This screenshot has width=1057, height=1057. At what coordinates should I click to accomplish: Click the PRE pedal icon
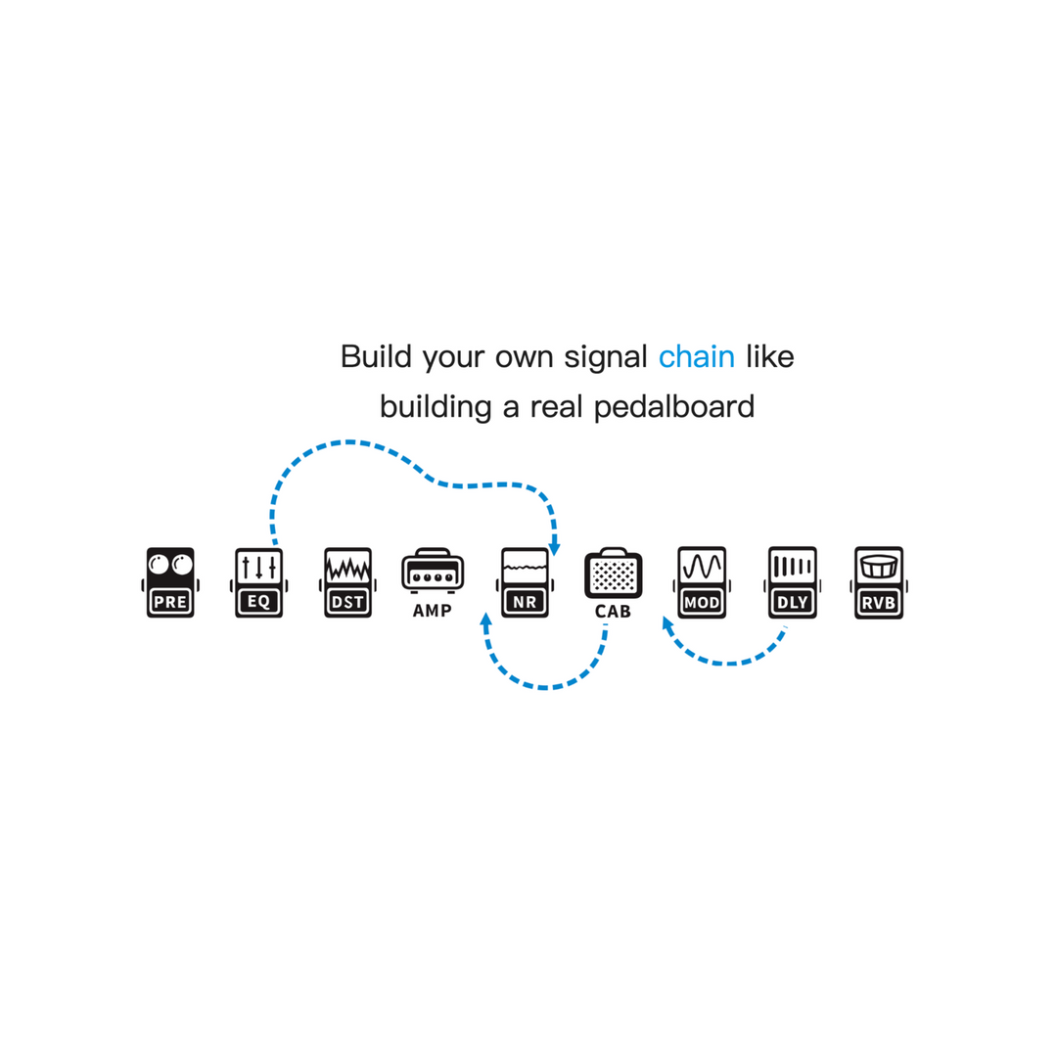(x=170, y=582)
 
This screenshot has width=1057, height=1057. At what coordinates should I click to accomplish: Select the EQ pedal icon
(x=258, y=582)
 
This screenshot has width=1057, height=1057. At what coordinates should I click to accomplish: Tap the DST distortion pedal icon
(x=347, y=582)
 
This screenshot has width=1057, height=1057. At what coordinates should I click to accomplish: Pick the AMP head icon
(x=433, y=571)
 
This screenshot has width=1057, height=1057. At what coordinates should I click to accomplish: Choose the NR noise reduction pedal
(x=526, y=582)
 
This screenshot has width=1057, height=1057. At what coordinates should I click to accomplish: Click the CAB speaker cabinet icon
(x=614, y=573)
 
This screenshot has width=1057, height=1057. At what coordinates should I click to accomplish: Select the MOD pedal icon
(x=702, y=582)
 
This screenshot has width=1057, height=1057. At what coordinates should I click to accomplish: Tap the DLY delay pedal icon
(x=792, y=582)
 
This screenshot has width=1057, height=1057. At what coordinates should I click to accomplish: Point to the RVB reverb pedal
(x=879, y=582)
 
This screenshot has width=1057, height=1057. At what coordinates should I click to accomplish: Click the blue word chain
(x=697, y=356)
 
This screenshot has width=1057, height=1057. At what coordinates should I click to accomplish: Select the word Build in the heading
(x=376, y=356)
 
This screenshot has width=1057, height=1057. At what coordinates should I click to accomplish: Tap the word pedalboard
(x=674, y=406)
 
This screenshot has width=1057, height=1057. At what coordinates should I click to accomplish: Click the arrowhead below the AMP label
(x=485, y=620)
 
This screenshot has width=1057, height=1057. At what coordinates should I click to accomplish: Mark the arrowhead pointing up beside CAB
(x=666, y=624)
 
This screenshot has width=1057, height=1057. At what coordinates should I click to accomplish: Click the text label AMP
(x=433, y=611)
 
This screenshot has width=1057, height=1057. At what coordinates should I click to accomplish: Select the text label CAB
(x=613, y=612)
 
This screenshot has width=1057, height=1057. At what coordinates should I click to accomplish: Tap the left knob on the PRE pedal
(x=159, y=564)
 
